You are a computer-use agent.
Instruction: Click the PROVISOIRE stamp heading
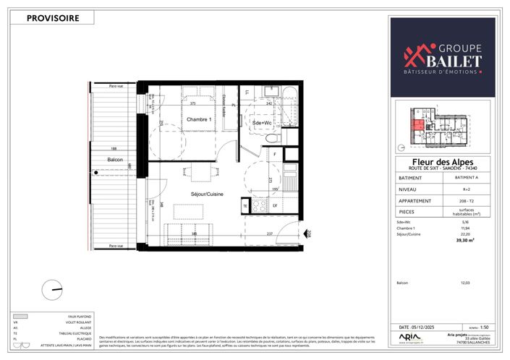[x=53, y=19]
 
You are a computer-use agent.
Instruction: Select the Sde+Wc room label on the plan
[x=262, y=124]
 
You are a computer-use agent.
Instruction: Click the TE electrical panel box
[x=245, y=206]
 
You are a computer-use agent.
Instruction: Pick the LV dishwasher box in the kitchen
[x=276, y=206]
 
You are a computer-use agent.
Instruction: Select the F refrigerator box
[x=274, y=155]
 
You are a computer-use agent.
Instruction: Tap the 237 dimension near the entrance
[x=269, y=233]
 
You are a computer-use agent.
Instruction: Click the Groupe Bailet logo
[x=443, y=57]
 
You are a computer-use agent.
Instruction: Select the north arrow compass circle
[x=53, y=288]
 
